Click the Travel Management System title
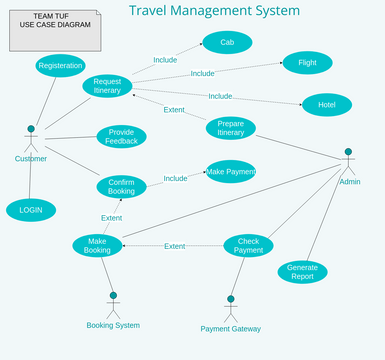214,11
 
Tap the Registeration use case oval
60,66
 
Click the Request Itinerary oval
107,86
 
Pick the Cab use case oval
227,42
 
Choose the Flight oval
307,63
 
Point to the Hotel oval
326,105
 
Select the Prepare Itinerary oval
230,128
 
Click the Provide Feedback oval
121,137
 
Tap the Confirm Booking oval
121,186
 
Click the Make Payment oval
230,171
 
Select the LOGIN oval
31,210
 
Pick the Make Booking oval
97,245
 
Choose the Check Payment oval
248,245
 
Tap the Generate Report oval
302,272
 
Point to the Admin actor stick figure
348,162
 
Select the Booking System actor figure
113,305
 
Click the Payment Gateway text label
230,328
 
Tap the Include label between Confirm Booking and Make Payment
175,178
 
